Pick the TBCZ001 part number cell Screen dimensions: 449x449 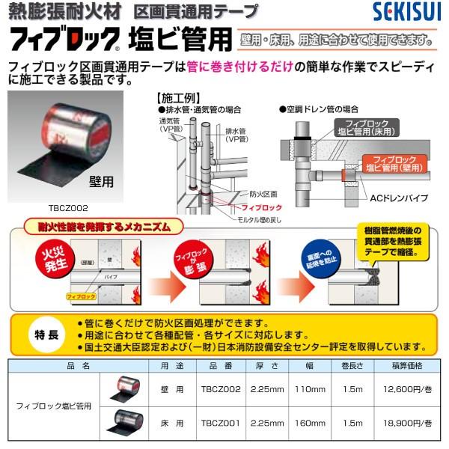click(x=220, y=423)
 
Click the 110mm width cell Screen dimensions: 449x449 click(x=309, y=389)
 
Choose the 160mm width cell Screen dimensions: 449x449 click(x=309, y=423)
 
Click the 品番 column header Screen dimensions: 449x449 click(x=220, y=366)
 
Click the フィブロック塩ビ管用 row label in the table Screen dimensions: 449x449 click(x=54, y=406)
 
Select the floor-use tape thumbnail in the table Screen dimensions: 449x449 click(x=120, y=423)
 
